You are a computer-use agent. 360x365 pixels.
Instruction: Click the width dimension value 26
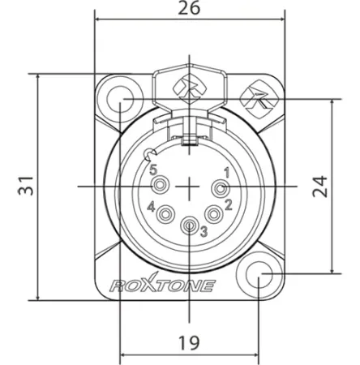tap(190, 9)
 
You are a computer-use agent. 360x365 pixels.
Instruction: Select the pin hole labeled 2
tap(214, 214)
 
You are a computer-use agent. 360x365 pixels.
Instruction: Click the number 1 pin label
tap(228, 171)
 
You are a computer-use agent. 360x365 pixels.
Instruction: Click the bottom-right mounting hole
tap(259, 276)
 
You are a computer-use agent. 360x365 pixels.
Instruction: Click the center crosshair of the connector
tap(190, 187)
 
